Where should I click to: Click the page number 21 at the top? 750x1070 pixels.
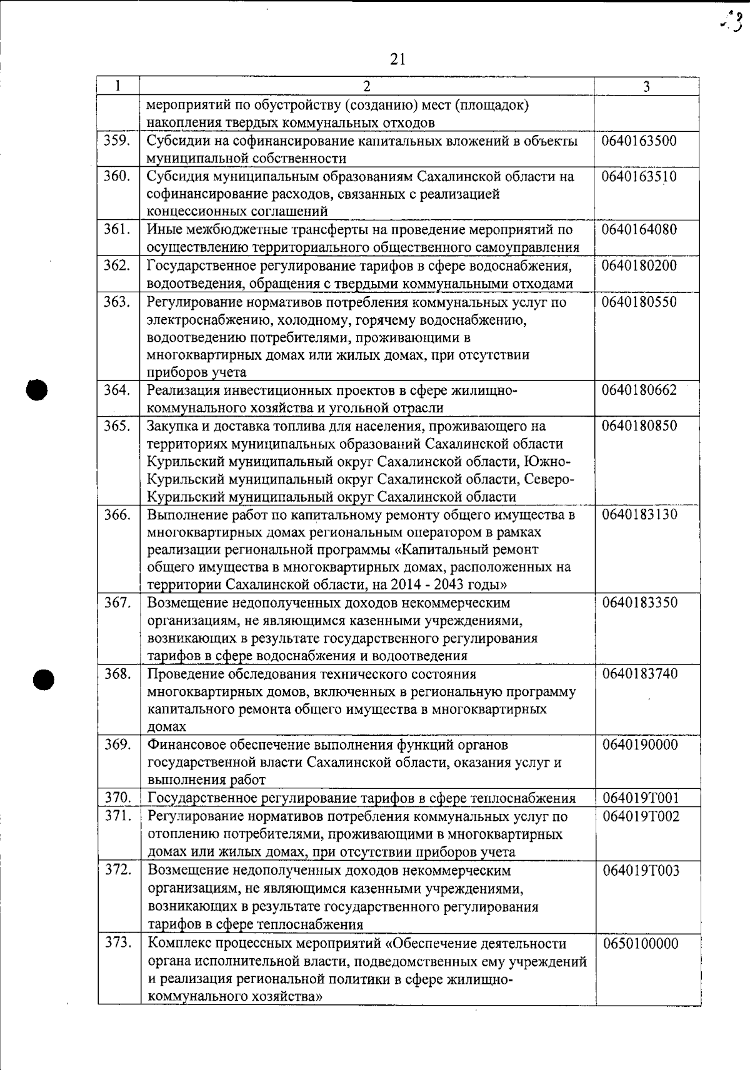(x=397, y=59)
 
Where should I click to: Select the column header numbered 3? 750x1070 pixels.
(x=646, y=87)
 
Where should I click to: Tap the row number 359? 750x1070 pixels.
(x=117, y=141)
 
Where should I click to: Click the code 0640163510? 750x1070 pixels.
(x=639, y=177)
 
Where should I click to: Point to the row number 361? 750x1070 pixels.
(x=117, y=230)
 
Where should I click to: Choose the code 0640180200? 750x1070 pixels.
(x=639, y=266)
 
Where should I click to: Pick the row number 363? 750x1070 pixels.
(x=117, y=302)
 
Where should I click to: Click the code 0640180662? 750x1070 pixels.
(x=639, y=390)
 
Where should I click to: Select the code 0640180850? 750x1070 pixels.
(x=639, y=426)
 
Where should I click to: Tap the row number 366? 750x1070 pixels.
(x=117, y=515)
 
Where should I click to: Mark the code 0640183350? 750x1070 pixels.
(x=639, y=603)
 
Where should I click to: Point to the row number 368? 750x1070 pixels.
(x=117, y=674)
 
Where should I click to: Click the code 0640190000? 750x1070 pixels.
(x=639, y=745)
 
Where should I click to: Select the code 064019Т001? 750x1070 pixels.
(x=641, y=798)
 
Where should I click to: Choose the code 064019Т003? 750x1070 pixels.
(x=641, y=871)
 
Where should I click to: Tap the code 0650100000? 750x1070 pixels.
(x=641, y=944)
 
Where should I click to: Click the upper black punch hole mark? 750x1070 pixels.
(x=37, y=390)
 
